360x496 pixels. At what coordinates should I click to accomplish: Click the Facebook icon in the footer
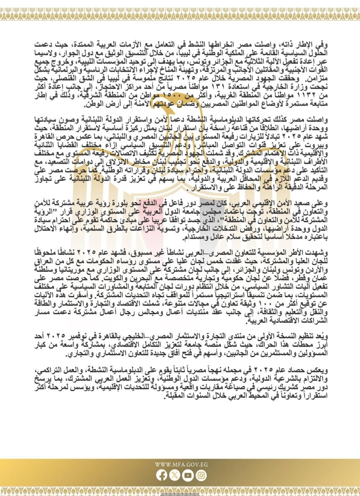[x=162, y=475]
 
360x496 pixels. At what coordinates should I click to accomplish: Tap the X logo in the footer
[x=175, y=475]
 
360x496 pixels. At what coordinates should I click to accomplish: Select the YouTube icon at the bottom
[x=188, y=475]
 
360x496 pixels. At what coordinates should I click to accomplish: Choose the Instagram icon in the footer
[x=201, y=475]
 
